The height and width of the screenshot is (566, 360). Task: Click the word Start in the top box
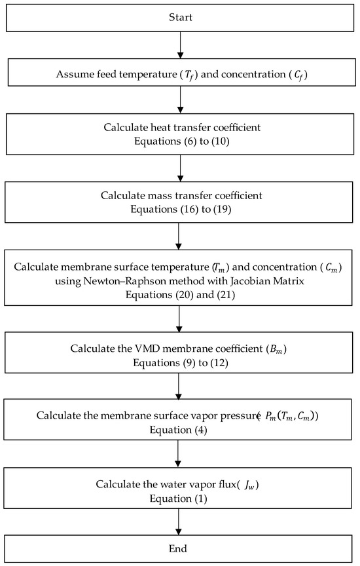click(180, 16)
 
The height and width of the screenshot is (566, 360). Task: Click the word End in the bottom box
click(180, 548)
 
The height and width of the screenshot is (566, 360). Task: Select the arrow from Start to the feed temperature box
click(180, 45)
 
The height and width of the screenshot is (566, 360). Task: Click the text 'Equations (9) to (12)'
click(180, 360)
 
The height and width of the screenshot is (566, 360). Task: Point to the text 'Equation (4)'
click(180, 429)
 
